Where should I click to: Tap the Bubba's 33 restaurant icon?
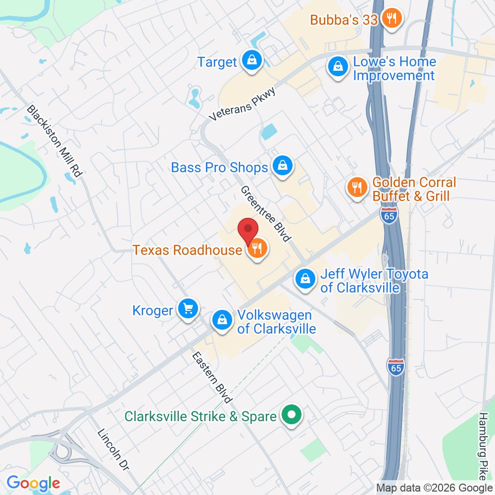click(x=392, y=19)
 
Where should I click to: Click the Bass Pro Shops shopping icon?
click(x=282, y=166)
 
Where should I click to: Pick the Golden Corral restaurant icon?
click(x=356, y=188)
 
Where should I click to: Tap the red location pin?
click(x=248, y=232)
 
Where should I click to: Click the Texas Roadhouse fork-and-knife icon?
click(x=256, y=248)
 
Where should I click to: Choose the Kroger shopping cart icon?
click(x=188, y=309)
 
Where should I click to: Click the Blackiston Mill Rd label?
click(x=54, y=142)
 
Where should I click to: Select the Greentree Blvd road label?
click(x=265, y=214)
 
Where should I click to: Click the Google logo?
click(x=33, y=483)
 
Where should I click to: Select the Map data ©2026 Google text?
click(x=434, y=488)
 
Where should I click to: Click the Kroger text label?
click(x=152, y=310)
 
